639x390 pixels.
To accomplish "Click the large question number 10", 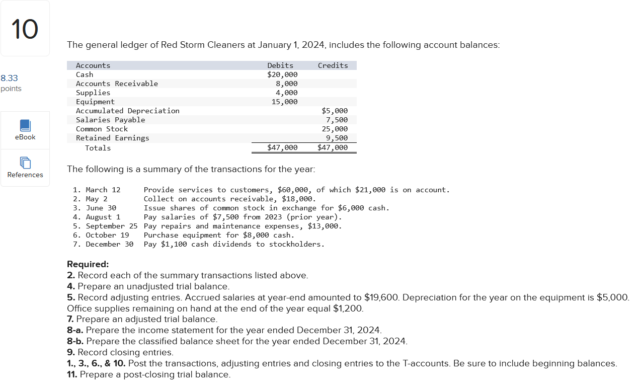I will coord(24,28).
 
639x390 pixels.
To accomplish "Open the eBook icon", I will coord(25,126).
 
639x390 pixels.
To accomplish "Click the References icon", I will coord(25,163).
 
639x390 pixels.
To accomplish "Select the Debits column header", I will coord(280,65).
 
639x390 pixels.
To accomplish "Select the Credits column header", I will coord(333,65).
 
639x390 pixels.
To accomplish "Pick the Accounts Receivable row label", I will coord(117,84).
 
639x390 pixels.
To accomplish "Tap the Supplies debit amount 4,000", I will coord(286,93).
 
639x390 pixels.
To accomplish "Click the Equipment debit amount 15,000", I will coord(284,102).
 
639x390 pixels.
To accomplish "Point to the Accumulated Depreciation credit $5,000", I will coord(335,111).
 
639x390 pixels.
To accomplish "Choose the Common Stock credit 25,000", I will coord(335,129).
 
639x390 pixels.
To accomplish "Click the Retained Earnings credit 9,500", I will coord(337,138).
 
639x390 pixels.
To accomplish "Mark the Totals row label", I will coord(98,148).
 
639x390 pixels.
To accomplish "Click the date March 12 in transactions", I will coord(103,190).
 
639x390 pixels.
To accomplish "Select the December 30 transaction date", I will coord(110,244).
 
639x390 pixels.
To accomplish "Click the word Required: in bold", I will coord(88,264).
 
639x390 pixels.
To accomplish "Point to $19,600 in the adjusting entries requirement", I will coord(381,297).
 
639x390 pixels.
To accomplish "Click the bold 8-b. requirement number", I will coord(75,341).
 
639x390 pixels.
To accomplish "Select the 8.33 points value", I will coord(9,78).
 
